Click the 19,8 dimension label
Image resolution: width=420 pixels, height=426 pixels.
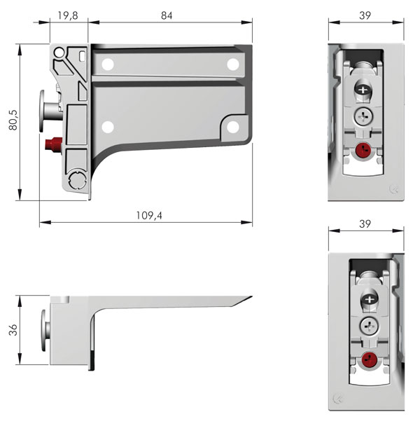(x=68, y=15)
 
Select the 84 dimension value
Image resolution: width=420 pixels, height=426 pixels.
(x=167, y=15)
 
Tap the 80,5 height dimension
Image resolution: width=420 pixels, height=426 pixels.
(x=13, y=120)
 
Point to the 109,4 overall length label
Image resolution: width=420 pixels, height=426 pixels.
(x=149, y=216)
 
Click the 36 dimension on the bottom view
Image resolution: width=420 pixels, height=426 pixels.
(x=13, y=330)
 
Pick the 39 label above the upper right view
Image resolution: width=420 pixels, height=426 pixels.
(x=365, y=15)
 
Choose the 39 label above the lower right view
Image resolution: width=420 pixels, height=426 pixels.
(x=365, y=224)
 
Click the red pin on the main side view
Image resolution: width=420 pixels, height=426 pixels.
(x=54, y=144)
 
